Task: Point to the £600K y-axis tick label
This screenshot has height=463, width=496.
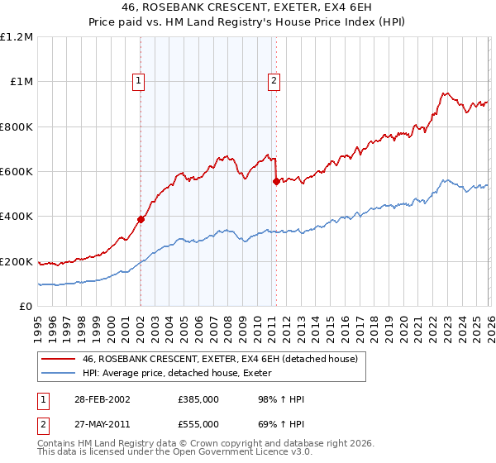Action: tap(17, 172)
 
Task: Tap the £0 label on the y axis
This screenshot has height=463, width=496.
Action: tap(26, 307)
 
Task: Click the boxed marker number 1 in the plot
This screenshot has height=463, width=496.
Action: tap(138, 81)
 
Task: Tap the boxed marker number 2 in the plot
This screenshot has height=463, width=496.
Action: tap(274, 81)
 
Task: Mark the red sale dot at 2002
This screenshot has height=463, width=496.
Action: tap(141, 220)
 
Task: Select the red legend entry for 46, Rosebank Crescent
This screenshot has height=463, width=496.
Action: tap(219, 359)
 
